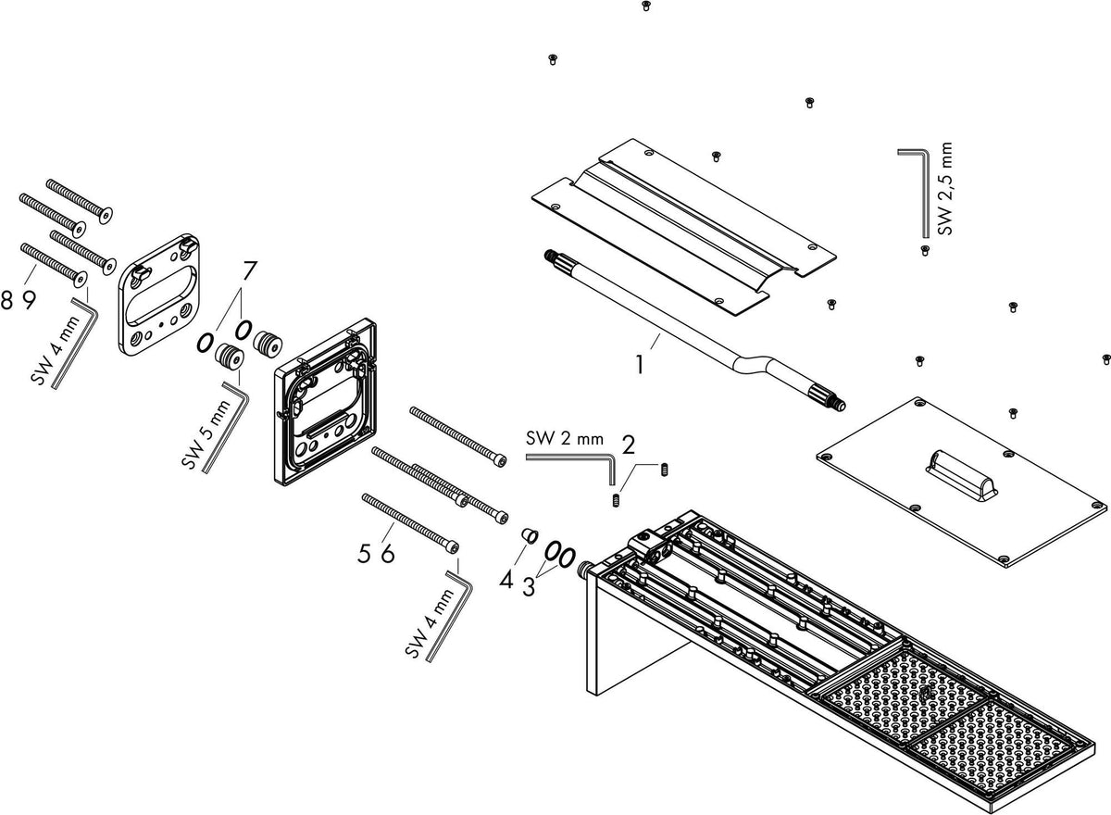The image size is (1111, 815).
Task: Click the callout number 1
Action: [x=640, y=365]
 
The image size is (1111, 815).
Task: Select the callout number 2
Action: [x=629, y=445]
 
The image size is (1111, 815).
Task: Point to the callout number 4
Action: [x=506, y=580]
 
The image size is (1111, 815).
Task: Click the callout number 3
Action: [x=529, y=587]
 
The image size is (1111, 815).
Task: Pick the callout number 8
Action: [x=7, y=301]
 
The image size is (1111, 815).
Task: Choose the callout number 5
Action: [x=364, y=553]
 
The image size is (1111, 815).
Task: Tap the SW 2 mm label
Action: [x=565, y=438]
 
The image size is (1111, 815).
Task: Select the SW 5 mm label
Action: [x=207, y=434]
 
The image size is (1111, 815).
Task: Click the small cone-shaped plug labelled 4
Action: [x=531, y=536]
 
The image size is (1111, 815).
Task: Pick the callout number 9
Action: [x=30, y=301]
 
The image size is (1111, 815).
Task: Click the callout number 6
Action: [x=387, y=553]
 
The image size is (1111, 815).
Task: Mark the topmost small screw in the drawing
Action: [x=645, y=6]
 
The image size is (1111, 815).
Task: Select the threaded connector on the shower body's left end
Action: [x=586, y=570]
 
